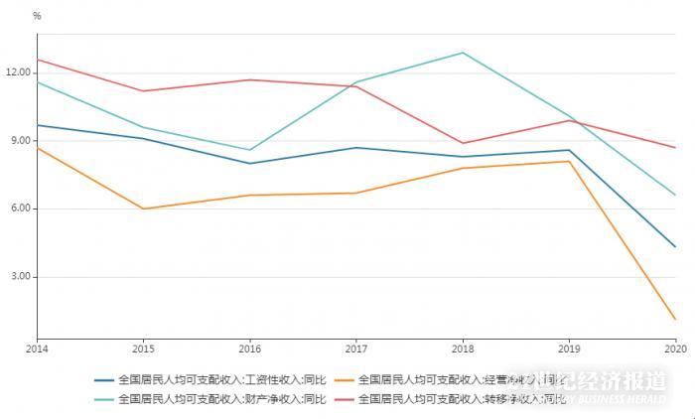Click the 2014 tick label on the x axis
(37, 349)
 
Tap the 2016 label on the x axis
(250, 349)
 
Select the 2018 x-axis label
(463, 349)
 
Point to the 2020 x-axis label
(675, 349)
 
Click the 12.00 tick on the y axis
(19, 72)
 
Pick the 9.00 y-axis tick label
(21, 141)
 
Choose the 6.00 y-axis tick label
(21, 209)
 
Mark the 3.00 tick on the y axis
(21, 277)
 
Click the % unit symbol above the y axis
(37, 16)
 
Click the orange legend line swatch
(345, 379)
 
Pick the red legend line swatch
(345, 399)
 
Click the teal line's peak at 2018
(463, 53)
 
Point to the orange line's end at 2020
(675, 319)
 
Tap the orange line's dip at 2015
(143, 209)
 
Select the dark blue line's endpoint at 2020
(675, 246)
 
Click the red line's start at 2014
(37, 60)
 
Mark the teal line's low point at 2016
(250, 150)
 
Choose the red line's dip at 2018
(463, 143)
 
